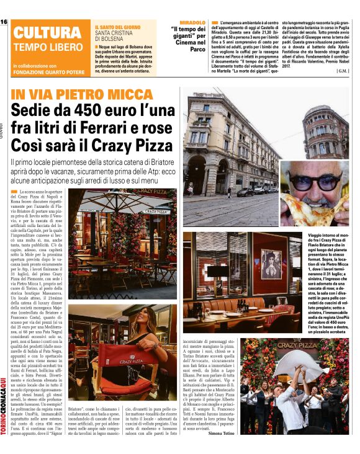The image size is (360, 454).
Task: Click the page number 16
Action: pyautogui.click(x=4, y=22)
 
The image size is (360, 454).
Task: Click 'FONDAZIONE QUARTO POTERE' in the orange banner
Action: pyautogui.click(x=50, y=70)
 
